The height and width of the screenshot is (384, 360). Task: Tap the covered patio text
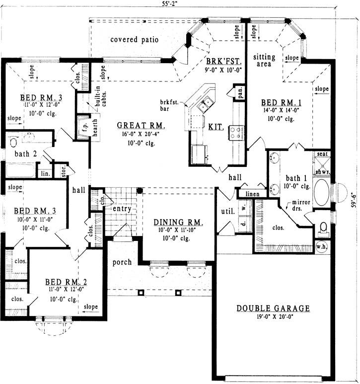134,40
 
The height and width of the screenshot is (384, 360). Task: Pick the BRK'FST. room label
223,62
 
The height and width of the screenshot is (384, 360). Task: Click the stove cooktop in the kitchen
235,132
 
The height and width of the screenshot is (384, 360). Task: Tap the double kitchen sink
206,105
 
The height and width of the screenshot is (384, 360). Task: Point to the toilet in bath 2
13,143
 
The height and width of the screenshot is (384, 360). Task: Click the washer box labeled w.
243,208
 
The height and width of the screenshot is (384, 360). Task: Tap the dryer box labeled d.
243,224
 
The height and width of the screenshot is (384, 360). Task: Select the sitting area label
264,61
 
